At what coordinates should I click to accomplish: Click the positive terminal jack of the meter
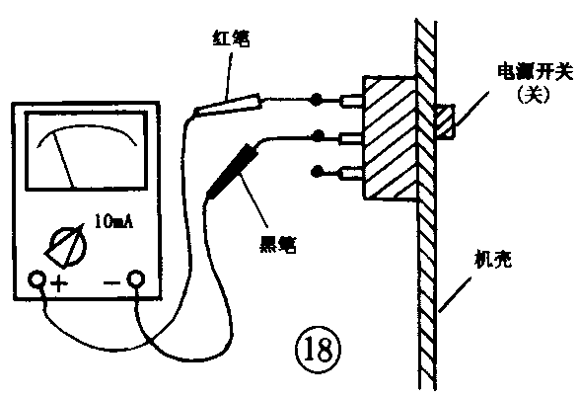(x=37, y=280)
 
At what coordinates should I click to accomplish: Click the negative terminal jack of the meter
(x=137, y=280)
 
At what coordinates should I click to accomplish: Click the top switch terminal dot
(x=316, y=100)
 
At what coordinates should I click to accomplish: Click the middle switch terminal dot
(x=316, y=135)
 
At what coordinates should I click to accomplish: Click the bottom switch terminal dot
(x=316, y=171)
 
